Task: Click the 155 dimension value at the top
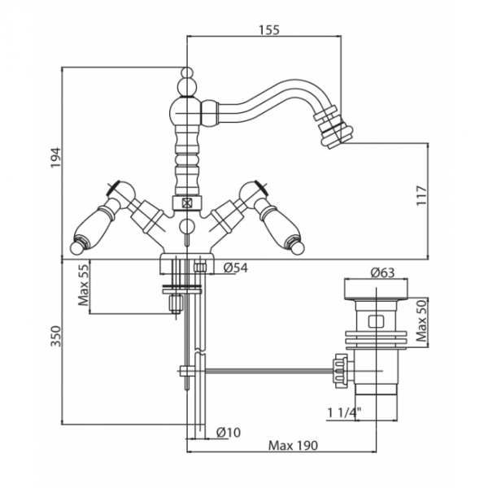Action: (x=268, y=30)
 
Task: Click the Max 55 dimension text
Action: (x=84, y=286)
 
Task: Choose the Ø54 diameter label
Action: (x=235, y=268)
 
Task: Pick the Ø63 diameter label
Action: (x=383, y=272)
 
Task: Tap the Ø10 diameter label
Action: (x=229, y=432)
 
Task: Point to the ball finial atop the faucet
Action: (x=187, y=80)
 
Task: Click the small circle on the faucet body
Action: (x=186, y=227)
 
